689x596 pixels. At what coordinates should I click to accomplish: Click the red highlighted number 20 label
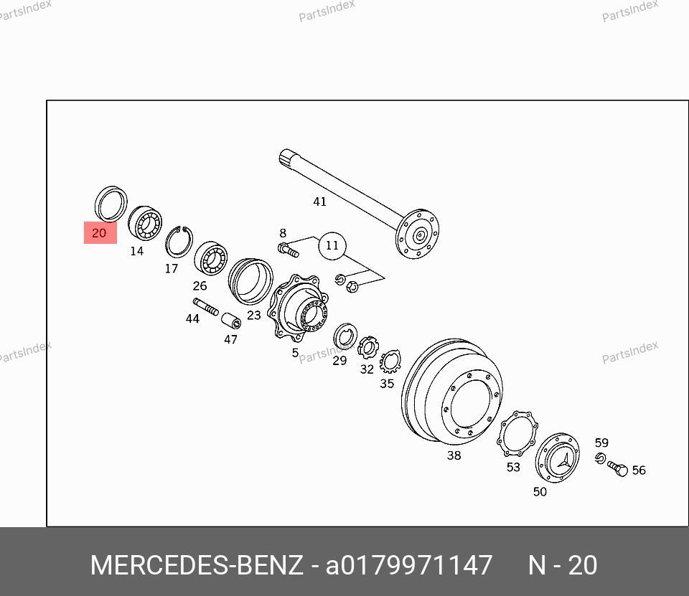[100, 233]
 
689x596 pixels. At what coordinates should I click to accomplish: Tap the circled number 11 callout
[332, 245]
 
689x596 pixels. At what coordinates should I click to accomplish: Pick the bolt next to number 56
[618, 468]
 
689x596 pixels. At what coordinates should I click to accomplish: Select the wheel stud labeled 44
[206, 306]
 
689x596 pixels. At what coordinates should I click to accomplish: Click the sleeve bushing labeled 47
[230, 321]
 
